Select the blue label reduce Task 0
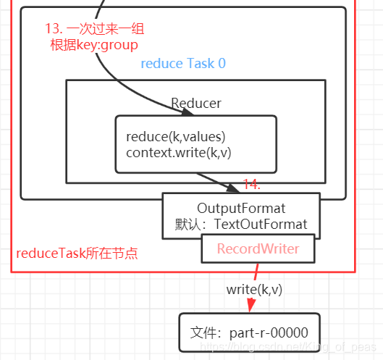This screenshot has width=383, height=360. tap(182, 64)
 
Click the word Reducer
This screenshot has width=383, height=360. tap(195, 103)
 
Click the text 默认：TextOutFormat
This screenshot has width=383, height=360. tap(240, 224)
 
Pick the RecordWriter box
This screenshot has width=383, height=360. tap(258, 248)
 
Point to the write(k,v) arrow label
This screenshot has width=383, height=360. tap(254, 289)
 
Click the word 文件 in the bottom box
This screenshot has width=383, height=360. tap(203, 332)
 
